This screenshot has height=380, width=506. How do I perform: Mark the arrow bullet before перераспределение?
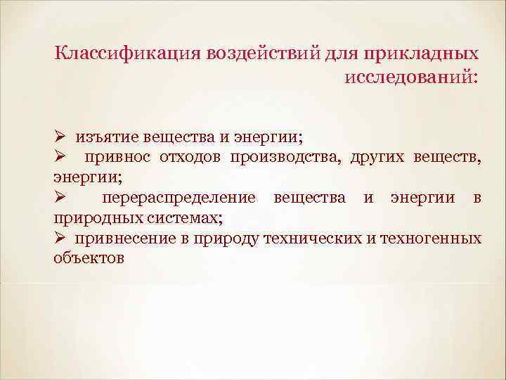[x=60, y=198]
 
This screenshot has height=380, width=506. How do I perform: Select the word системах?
[x=176, y=218]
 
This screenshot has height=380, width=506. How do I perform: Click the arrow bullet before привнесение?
[x=60, y=238]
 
